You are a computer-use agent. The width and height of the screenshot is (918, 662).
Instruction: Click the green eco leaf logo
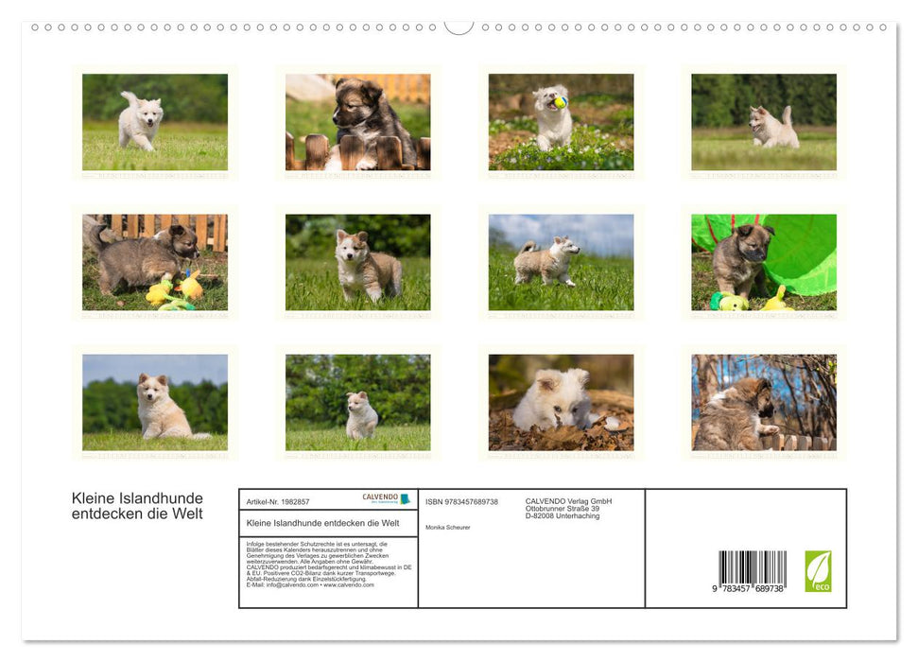(x=818, y=571)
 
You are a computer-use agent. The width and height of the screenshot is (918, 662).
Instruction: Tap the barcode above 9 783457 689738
(x=752, y=568)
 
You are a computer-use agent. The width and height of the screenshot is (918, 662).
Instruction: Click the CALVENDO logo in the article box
(x=386, y=498)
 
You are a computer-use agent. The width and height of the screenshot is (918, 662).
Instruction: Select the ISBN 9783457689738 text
(x=461, y=502)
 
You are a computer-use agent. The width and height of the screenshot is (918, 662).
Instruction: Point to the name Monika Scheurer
(x=447, y=528)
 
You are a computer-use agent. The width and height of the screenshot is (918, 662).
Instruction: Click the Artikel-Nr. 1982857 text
(x=278, y=502)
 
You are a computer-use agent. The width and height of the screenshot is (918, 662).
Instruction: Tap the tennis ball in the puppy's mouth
(x=560, y=102)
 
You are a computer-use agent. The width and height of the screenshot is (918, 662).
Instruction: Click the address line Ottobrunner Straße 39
(x=562, y=509)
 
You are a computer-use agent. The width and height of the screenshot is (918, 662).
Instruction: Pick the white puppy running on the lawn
(x=141, y=120)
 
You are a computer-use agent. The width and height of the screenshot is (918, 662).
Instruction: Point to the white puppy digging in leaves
(x=555, y=400)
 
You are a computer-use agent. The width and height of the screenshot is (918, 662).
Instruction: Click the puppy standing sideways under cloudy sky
(x=546, y=262)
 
